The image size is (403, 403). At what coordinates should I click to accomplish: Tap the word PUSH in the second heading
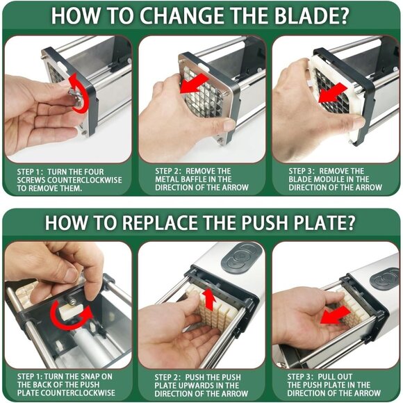(265, 222)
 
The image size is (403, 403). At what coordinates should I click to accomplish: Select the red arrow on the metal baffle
(194, 83)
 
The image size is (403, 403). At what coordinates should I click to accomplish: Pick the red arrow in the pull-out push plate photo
(335, 315)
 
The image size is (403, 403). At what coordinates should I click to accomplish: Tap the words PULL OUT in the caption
(335, 377)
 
